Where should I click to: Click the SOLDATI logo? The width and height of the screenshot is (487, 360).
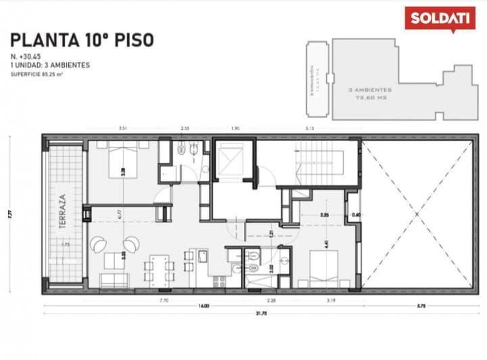click(439, 18)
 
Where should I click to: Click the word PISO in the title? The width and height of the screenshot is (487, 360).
click(133, 40)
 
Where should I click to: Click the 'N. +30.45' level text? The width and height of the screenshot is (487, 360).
click(25, 56)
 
